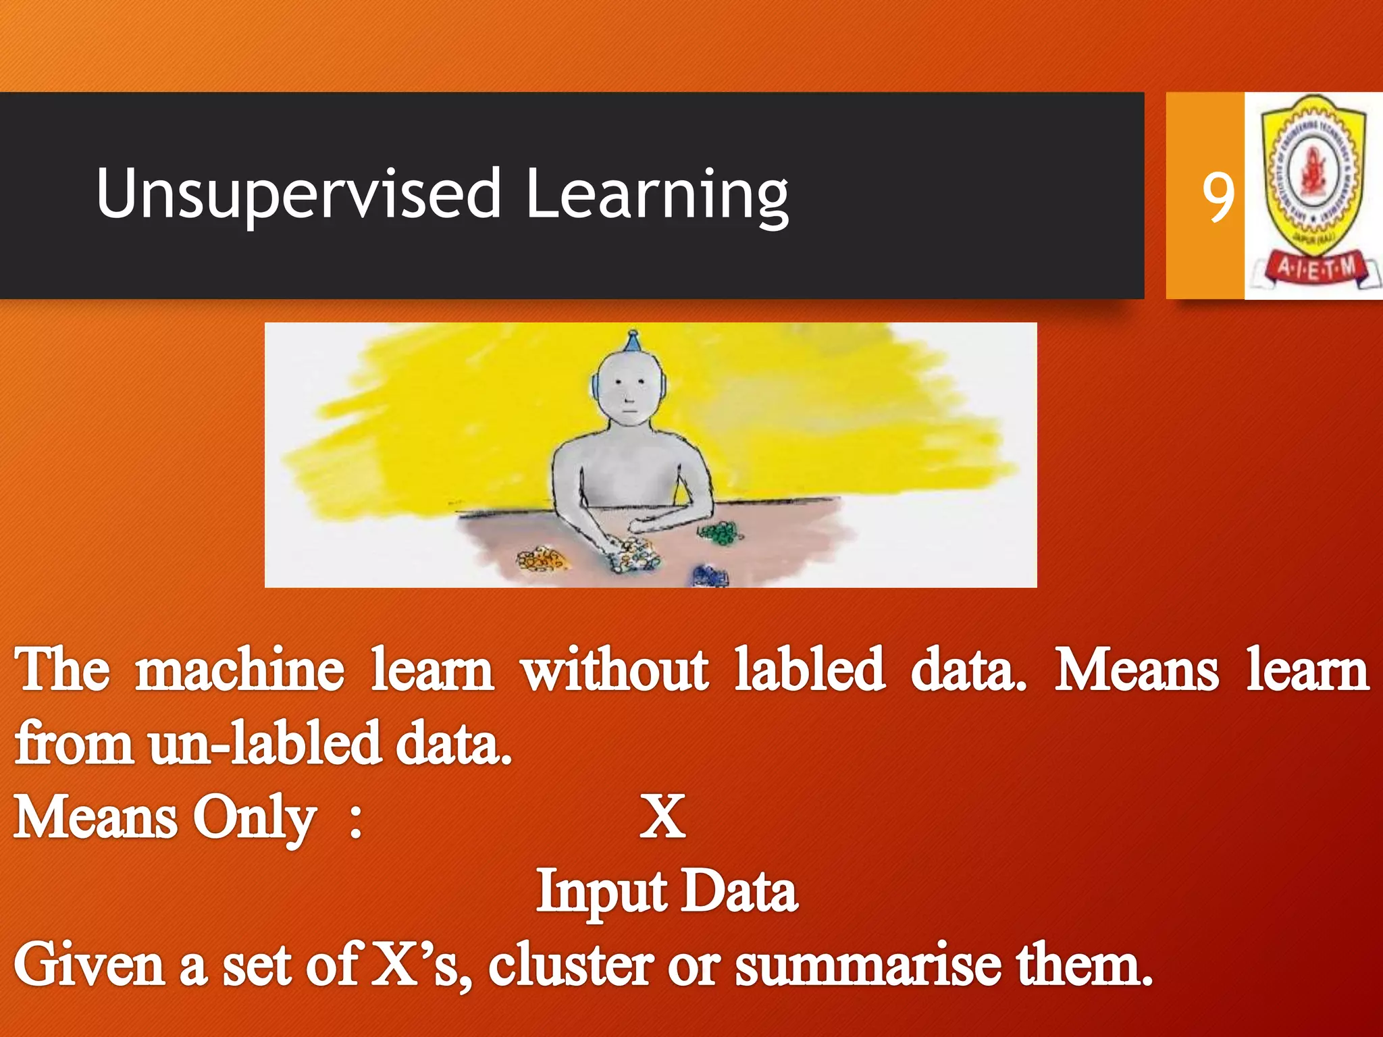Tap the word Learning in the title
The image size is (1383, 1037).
coord(656,196)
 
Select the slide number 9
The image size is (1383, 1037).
coord(1218,197)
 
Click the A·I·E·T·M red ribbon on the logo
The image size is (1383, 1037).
coord(1315,269)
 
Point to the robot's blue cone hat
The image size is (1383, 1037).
coord(632,342)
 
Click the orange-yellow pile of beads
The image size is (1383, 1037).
coord(541,559)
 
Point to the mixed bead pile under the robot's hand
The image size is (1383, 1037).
coord(631,555)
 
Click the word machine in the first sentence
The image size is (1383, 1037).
coord(240,670)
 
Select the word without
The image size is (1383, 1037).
coord(615,670)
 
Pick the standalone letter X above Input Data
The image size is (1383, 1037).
coord(662,817)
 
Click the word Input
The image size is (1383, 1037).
coord(600,893)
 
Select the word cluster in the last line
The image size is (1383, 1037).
coord(571,965)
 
